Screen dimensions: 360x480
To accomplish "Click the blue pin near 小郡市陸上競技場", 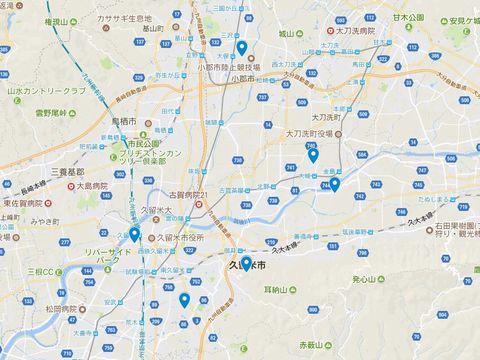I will (242, 48).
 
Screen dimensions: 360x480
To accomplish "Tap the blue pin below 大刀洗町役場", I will (313, 155).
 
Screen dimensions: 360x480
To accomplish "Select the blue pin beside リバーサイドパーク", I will (134, 235).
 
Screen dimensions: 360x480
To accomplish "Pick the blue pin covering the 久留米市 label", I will (245, 264).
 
